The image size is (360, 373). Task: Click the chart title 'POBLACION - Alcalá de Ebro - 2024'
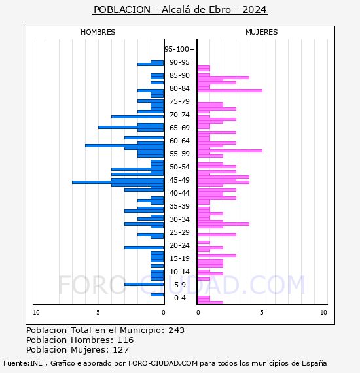pyautogui.click(x=180, y=10)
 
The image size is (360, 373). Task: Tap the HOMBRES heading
pyautogui.click(x=98, y=32)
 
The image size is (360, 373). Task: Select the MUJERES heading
pyautogui.click(x=262, y=32)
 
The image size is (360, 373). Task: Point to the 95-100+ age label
pyautogui.click(x=179, y=49)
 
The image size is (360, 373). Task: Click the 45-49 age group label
pyautogui.click(x=179, y=180)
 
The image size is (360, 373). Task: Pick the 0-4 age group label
pyautogui.click(x=179, y=298)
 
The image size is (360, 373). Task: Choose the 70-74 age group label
pyautogui.click(x=179, y=115)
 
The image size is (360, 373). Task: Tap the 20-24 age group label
pyautogui.click(x=179, y=245)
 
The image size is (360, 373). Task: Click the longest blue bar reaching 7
pyautogui.click(x=118, y=182)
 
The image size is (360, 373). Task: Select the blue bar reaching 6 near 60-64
pyautogui.click(x=124, y=145)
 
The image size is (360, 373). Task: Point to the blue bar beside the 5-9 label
pyautogui.click(x=144, y=284)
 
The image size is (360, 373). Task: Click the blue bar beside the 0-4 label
pyautogui.click(x=157, y=295)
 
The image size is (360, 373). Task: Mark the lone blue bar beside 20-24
pyautogui.click(x=144, y=247)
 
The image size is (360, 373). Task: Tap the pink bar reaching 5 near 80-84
pyautogui.click(x=230, y=91)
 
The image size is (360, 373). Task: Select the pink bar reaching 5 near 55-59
pyautogui.click(x=230, y=151)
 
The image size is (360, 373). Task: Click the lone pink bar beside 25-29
pyautogui.click(x=217, y=234)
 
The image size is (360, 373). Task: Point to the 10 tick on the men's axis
pyautogui.click(x=36, y=313)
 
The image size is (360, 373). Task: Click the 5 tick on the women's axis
pyautogui.click(x=262, y=313)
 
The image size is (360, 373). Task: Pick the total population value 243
pyautogui.click(x=176, y=330)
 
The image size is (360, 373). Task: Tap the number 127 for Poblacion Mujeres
pyautogui.click(x=121, y=350)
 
